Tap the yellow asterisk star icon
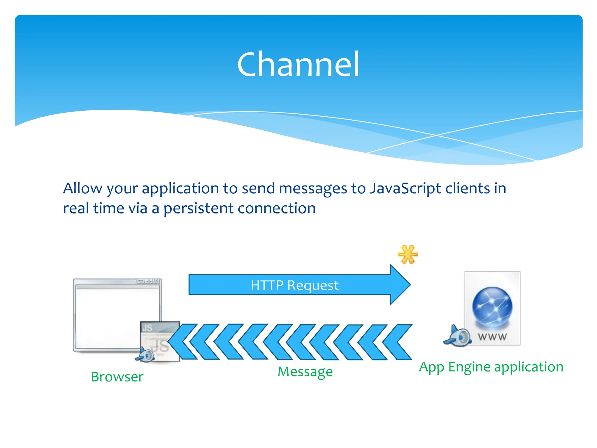tap(408, 255)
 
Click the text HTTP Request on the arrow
tap(294, 285)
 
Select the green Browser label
tap(117, 377)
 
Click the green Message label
tap(305, 372)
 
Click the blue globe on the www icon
tap(492, 307)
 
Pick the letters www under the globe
tap(492, 337)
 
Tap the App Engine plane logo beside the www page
tap(457, 336)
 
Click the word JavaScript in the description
tap(405, 188)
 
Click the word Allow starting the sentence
tap(82, 188)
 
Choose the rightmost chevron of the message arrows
tap(398, 342)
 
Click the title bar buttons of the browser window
tap(149, 281)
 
